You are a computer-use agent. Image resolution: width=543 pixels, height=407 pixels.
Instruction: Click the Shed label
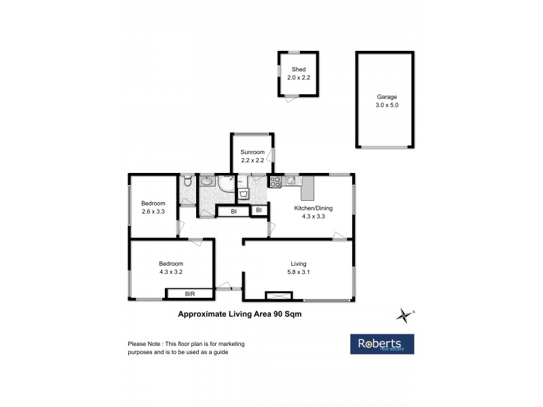pos(299,70)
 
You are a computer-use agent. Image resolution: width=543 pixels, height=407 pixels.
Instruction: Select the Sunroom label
pos(251,153)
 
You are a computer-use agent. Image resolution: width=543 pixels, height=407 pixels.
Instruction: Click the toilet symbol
pos(187,181)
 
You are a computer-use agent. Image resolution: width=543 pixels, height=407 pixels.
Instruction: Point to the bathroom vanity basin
pos(207,182)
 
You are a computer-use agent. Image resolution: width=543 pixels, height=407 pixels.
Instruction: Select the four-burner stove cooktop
pos(276,181)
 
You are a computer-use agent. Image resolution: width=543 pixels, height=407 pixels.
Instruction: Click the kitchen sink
pos(291,180)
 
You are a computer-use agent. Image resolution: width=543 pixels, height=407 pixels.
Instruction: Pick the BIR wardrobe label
pos(191,294)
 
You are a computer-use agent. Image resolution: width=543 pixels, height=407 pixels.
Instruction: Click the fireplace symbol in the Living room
pos(278,296)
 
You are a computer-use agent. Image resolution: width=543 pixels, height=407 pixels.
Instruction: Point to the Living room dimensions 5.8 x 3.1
pos(299,272)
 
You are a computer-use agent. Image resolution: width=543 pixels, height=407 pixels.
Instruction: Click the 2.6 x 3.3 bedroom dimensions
pos(153,212)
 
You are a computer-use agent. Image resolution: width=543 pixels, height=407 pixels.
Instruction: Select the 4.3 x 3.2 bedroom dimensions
pos(171,272)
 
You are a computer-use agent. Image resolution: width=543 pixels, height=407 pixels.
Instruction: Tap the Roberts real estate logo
pos(381,343)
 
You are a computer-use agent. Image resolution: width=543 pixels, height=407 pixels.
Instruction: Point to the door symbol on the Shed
pos(291,99)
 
